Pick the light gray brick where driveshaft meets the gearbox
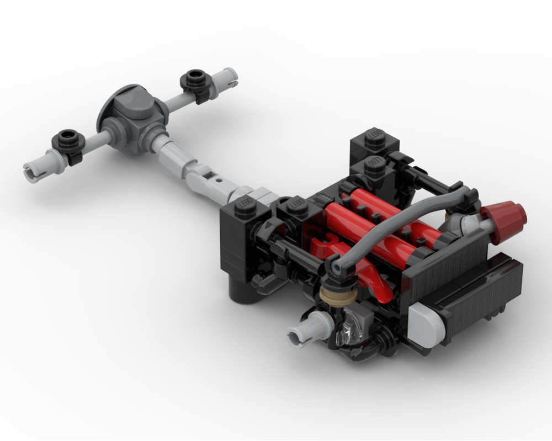pyautogui.click(x=256, y=194)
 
